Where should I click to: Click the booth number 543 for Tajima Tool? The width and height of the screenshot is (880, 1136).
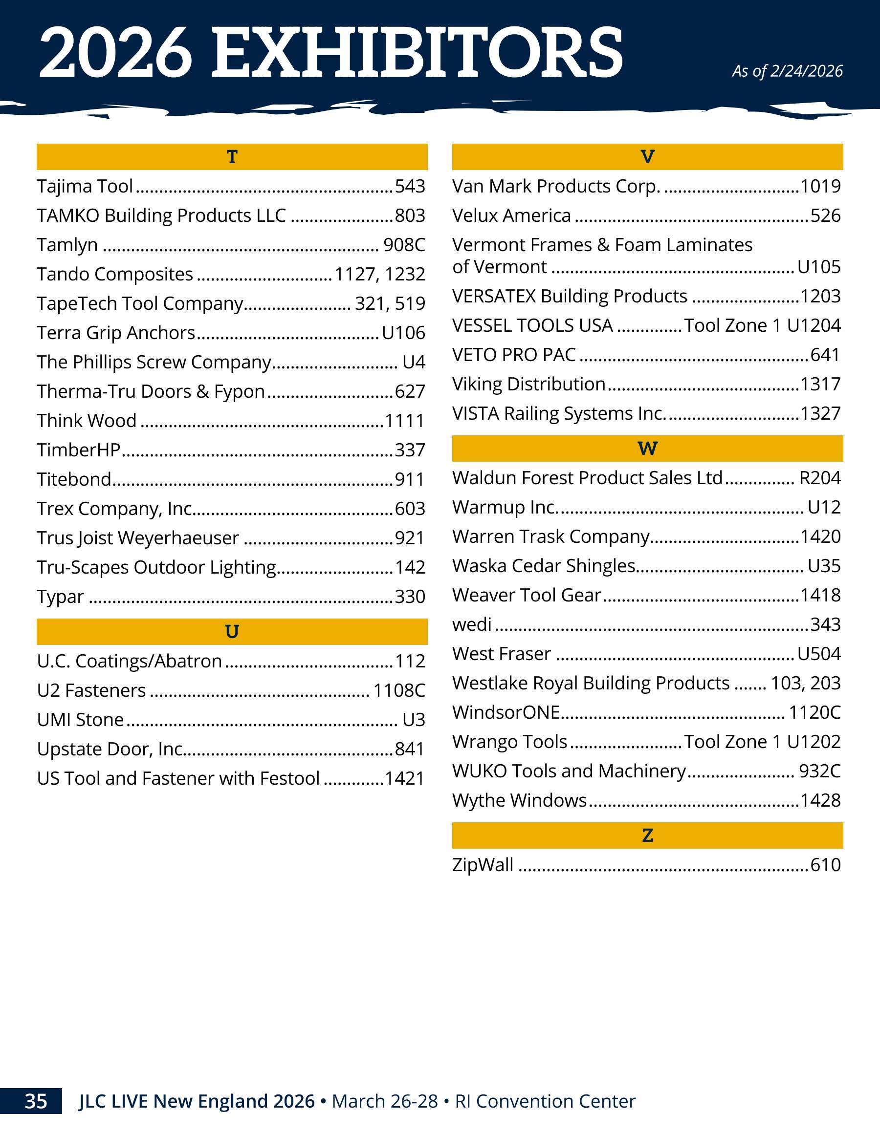pyautogui.click(x=410, y=186)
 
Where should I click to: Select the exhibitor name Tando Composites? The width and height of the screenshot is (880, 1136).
pyautogui.click(x=115, y=274)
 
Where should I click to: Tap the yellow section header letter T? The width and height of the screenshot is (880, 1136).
pyautogui.click(x=232, y=156)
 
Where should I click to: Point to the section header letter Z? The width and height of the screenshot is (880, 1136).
pyautogui.click(x=647, y=836)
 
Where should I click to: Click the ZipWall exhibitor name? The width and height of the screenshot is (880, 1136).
pyautogui.click(x=483, y=865)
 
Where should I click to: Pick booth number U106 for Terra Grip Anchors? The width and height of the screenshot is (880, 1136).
pyautogui.click(x=403, y=333)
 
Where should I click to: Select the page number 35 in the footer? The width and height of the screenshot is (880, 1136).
pyautogui.click(x=36, y=1101)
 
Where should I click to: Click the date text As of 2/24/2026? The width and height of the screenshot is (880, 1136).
pyautogui.click(x=788, y=71)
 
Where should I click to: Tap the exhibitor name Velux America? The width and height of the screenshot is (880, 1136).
pyautogui.click(x=511, y=215)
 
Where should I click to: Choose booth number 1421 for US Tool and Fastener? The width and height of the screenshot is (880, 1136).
pyautogui.click(x=405, y=779)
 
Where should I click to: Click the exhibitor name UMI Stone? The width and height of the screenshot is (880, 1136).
pyautogui.click(x=81, y=720)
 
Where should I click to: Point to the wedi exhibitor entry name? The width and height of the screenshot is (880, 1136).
pyautogui.click(x=472, y=624)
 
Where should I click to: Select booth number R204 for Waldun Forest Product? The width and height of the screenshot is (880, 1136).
pyautogui.click(x=820, y=478)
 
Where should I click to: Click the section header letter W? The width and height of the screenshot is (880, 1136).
pyautogui.click(x=647, y=449)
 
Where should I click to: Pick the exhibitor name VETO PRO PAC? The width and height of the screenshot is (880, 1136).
pyautogui.click(x=514, y=355)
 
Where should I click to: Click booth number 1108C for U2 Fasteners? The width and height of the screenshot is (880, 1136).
pyautogui.click(x=399, y=691)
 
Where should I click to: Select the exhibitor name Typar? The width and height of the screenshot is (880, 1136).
pyautogui.click(x=60, y=597)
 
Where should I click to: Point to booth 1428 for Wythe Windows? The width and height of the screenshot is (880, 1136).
pyautogui.click(x=820, y=800)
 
